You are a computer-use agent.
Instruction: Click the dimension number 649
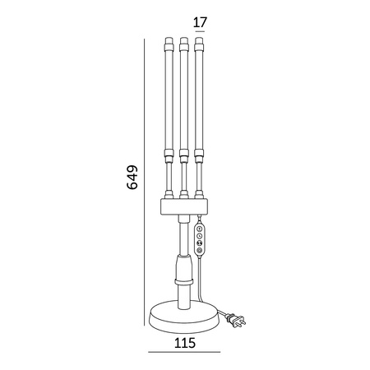coord(132,178)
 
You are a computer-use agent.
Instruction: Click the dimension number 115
coord(185,343)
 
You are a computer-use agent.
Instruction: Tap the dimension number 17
coord(200,22)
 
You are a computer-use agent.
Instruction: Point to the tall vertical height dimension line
coord(144,183)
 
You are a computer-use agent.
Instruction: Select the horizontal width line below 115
coord(184,352)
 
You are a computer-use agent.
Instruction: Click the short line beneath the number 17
coord(200,31)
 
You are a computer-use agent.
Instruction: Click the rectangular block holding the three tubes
coord(184,206)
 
